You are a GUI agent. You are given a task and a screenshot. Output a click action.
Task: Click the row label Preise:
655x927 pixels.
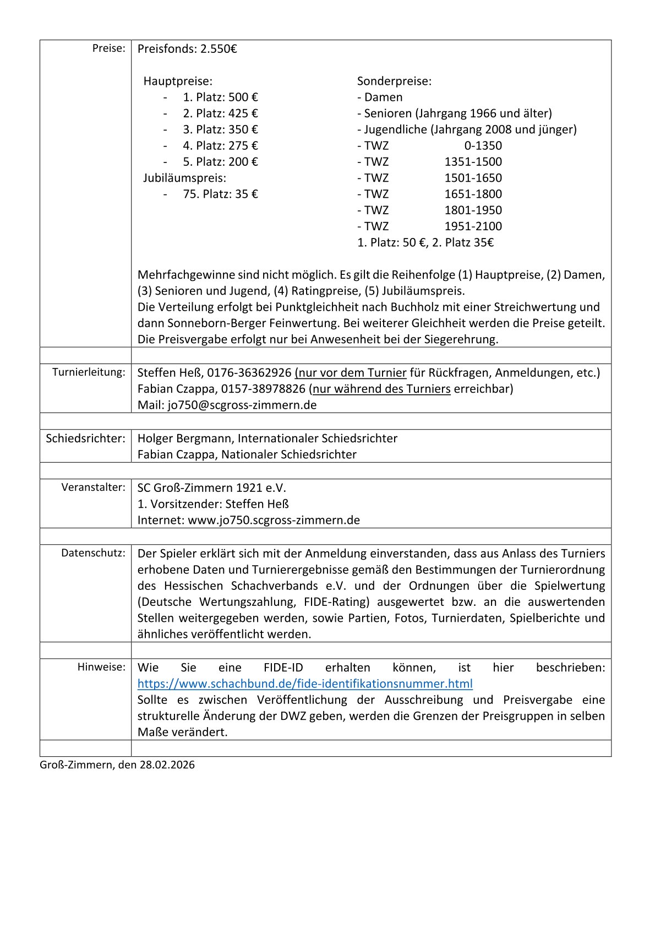pyautogui.click(x=108, y=48)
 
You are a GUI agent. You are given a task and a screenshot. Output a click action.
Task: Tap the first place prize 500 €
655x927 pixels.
pyautogui.click(x=243, y=97)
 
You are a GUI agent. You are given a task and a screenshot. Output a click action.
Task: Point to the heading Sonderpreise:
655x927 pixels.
pyautogui.click(x=394, y=82)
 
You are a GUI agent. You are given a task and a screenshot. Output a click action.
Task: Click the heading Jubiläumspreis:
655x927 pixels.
pyautogui.click(x=184, y=178)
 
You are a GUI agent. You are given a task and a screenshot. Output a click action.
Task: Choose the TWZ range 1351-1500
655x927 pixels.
pyautogui.click(x=473, y=162)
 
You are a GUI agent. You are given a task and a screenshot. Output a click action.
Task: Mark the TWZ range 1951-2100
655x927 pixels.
pyautogui.click(x=473, y=226)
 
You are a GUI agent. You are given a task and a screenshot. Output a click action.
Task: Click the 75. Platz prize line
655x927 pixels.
pyautogui.click(x=220, y=194)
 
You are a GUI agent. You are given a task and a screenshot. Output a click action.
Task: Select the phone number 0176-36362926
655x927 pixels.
pyautogui.click(x=249, y=373)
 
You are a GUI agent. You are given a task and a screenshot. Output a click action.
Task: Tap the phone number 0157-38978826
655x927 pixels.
pyautogui.click(x=263, y=389)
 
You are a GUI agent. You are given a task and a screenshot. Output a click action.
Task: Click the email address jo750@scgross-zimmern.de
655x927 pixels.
pyautogui.click(x=242, y=405)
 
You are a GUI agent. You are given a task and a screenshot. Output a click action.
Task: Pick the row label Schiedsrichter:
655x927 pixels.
pyautogui.click(x=85, y=438)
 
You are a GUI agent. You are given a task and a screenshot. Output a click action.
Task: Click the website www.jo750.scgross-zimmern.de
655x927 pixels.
pyautogui.click(x=274, y=521)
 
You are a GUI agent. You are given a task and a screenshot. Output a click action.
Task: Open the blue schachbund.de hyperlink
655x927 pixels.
pyautogui.click(x=305, y=684)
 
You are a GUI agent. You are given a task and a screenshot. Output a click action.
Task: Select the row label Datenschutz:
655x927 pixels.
pyautogui.click(x=93, y=553)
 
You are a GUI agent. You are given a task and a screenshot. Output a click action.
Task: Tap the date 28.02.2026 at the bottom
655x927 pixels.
pyautogui.click(x=167, y=765)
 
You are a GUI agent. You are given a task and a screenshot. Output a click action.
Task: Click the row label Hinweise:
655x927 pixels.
pyautogui.click(x=101, y=667)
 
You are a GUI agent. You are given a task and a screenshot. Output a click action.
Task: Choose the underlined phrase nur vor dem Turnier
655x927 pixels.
pyautogui.click(x=351, y=373)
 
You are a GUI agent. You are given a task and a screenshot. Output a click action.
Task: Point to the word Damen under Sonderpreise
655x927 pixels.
pyautogui.click(x=383, y=97)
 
